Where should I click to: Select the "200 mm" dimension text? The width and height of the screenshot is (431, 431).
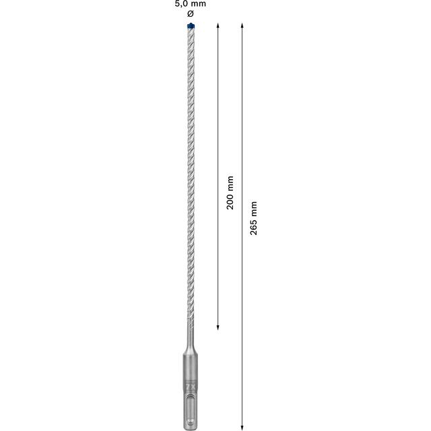point(230,193)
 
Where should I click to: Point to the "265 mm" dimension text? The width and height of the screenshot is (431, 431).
point(253,218)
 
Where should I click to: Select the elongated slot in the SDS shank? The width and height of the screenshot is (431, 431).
point(189,410)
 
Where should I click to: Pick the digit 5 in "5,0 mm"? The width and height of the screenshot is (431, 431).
point(176,4)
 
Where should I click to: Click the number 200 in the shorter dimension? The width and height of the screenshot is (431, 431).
point(230,201)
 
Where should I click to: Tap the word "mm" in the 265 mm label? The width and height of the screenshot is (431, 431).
point(253,207)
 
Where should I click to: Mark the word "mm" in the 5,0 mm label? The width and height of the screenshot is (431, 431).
point(198,4)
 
